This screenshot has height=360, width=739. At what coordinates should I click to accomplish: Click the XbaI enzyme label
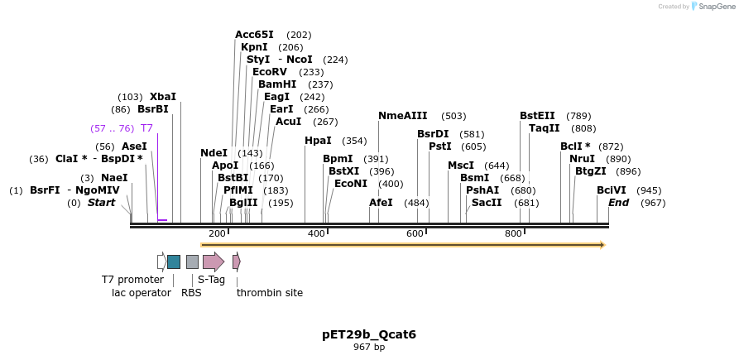point(162,97)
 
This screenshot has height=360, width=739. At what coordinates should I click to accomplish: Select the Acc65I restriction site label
point(254,35)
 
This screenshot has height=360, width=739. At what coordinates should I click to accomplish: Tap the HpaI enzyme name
point(318,141)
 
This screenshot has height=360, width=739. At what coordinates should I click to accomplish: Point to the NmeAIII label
point(403,116)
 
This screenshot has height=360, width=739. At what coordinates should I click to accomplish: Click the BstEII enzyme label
point(537,116)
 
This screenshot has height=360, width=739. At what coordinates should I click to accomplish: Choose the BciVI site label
point(612,190)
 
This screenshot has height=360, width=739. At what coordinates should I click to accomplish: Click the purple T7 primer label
point(146,128)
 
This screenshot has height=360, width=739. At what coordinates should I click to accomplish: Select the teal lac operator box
point(174,262)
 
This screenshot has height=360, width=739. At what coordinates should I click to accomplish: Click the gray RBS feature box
point(192,262)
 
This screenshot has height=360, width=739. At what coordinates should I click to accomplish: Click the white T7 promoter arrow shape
point(161,262)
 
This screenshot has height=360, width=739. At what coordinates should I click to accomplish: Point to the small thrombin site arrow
point(237,262)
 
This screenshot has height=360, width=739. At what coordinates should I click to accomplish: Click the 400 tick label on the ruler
point(316,234)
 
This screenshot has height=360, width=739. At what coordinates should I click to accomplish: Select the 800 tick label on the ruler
point(513,234)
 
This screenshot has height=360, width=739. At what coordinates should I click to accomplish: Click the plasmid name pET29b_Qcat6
point(369,334)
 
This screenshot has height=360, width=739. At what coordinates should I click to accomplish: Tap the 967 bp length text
point(369,347)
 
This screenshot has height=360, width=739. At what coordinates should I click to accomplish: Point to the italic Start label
point(102,203)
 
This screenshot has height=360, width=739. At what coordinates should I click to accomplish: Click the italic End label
point(619,203)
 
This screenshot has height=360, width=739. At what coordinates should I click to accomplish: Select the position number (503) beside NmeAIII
point(453,116)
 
